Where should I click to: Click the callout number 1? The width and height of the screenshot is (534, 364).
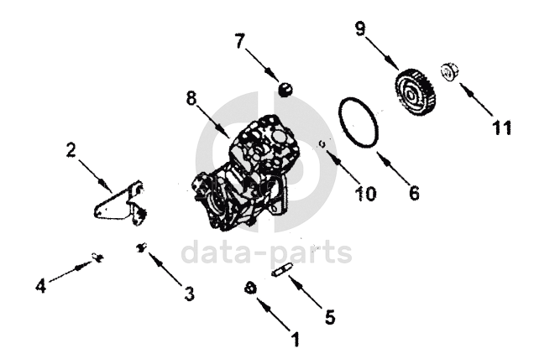pos(295,340)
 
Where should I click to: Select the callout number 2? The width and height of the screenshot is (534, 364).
pos(71,150)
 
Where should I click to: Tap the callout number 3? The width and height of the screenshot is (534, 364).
pos(189,294)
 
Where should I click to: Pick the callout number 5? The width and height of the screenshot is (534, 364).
pos(330,317)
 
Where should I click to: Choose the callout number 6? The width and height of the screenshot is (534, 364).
pos(413,192)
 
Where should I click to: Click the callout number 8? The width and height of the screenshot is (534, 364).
pos(191,99)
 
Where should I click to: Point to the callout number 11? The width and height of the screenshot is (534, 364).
pos(501,127)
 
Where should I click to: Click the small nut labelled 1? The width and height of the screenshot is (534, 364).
pos(249,288)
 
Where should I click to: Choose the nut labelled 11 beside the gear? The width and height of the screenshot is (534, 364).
pos(448,72)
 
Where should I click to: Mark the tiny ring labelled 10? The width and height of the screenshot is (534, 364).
pos(322,144)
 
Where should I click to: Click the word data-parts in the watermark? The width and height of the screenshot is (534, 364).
pos(267,252)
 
